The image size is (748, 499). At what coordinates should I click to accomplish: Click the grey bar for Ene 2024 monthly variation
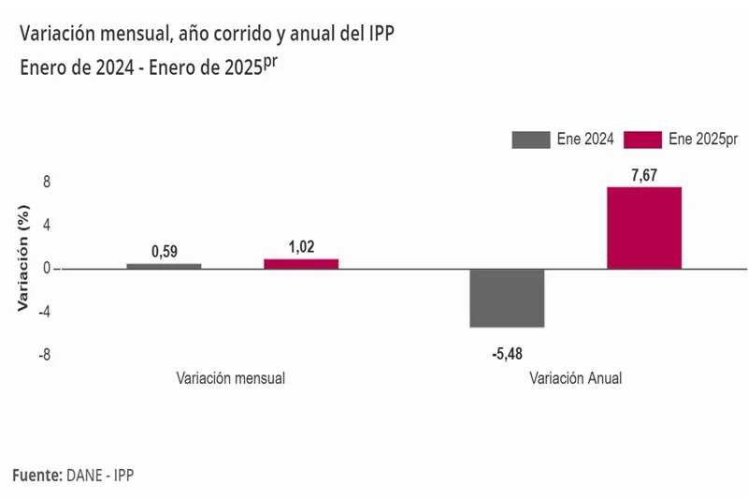[164, 266]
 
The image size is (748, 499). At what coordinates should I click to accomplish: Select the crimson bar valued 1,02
[301, 264]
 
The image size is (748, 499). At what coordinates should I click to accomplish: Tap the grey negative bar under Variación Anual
[507, 298]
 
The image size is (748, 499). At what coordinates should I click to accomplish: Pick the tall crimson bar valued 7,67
[644, 227]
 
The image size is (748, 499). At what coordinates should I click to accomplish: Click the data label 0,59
[165, 251]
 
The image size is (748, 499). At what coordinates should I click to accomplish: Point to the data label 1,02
[301, 247]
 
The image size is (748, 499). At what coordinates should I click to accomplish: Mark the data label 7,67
[644, 174]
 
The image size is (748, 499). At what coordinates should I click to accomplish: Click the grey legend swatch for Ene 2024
[530, 139]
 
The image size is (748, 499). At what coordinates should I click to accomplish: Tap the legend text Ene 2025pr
[704, 139]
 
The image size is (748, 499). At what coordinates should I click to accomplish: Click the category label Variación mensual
[230, 379]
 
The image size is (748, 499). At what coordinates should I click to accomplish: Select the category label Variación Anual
[575, 379]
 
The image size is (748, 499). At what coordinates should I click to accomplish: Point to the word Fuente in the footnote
[36, 476]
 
